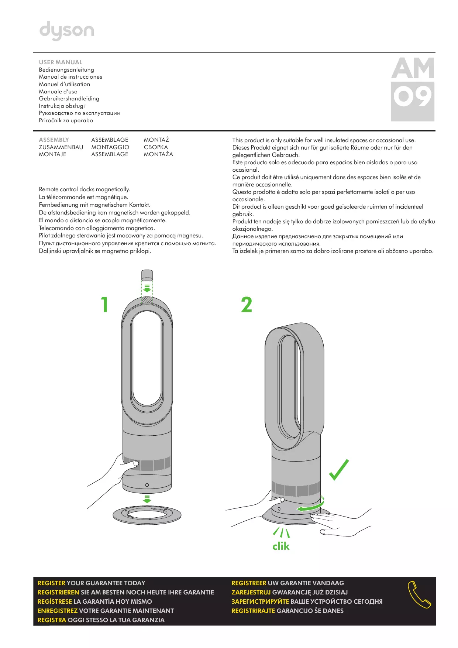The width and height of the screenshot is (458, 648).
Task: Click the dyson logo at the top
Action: (x=67, y=30)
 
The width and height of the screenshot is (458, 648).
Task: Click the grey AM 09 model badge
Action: (x=413, y=89)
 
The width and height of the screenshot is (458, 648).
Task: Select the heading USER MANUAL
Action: (x=61, y=62)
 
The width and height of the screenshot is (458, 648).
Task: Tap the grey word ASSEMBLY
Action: (x=54, y=140)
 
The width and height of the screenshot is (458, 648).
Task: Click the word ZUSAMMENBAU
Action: (x=61, y=147)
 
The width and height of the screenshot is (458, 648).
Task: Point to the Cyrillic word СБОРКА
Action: (x=156, y=147)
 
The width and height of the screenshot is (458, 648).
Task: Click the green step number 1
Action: (x=105, y=305)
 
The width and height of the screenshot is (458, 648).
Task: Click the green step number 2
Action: (x=247, y=305)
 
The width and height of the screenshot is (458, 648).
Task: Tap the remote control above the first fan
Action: (x=147, y=275)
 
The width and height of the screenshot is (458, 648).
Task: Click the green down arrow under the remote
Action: (x=147, y=288)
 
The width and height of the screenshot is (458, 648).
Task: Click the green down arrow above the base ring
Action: (x=147, y=499)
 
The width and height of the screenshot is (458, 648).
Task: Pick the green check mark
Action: (x=339, y=470)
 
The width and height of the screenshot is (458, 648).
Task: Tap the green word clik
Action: (x=281, y=546)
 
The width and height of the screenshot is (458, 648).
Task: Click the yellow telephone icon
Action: (x=419, y=595)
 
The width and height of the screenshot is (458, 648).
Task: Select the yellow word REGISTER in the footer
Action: (x=51, y=583)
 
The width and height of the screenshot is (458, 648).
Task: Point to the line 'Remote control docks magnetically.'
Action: (x=85, y=189)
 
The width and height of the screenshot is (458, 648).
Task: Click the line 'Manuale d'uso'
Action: (x=58, y=92)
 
